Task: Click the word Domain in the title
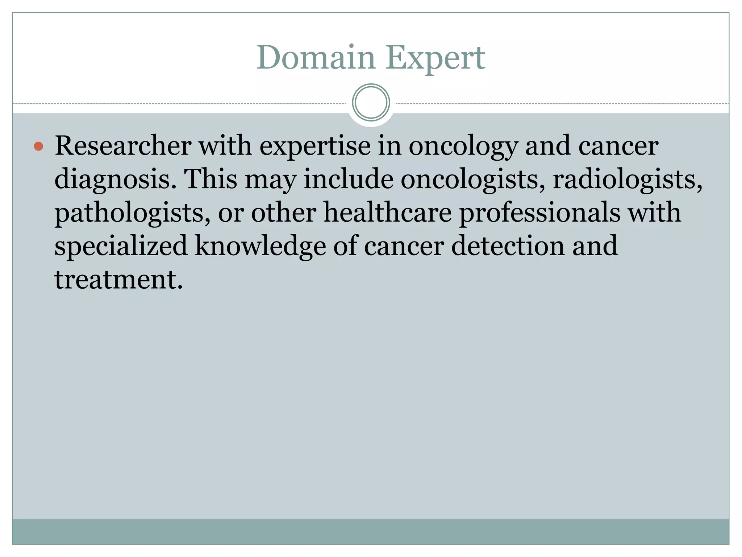[x=316, y=58]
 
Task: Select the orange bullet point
[x=38, y=147]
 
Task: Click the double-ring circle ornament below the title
[x=371, y=103]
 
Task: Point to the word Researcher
[x=123, y=146]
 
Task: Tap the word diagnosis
[x=112, y=180]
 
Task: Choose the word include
[x=348, y=179]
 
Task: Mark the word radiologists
[x=627, y=180]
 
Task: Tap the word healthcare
[x=387, y=213]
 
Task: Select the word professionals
[x=539, y=213]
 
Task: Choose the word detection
[x=508, y=246]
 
